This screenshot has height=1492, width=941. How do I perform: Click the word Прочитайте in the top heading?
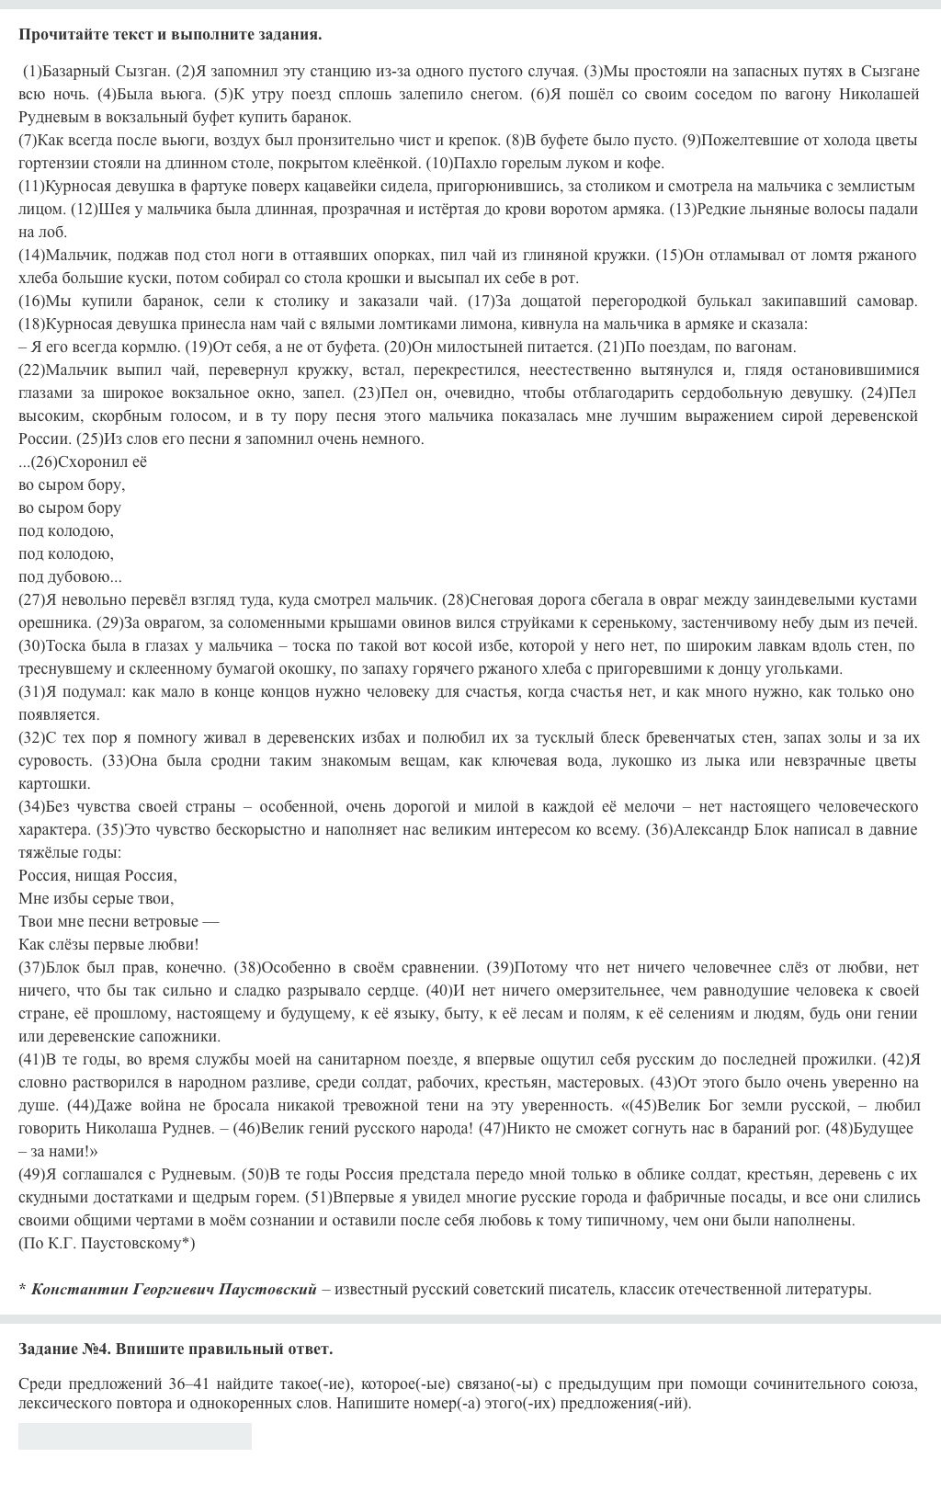tap(58, 35)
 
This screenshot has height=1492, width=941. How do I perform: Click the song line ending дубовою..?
tap(70, 576)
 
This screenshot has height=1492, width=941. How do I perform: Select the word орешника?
tap(51, 622)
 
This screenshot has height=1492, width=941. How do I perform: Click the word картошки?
tap(54, 783)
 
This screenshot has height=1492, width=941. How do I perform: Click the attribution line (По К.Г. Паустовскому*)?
tap(107, 1243)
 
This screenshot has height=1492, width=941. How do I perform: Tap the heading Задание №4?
tap(64, 1349)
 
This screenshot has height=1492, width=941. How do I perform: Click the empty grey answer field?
tap(135, 1436)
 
